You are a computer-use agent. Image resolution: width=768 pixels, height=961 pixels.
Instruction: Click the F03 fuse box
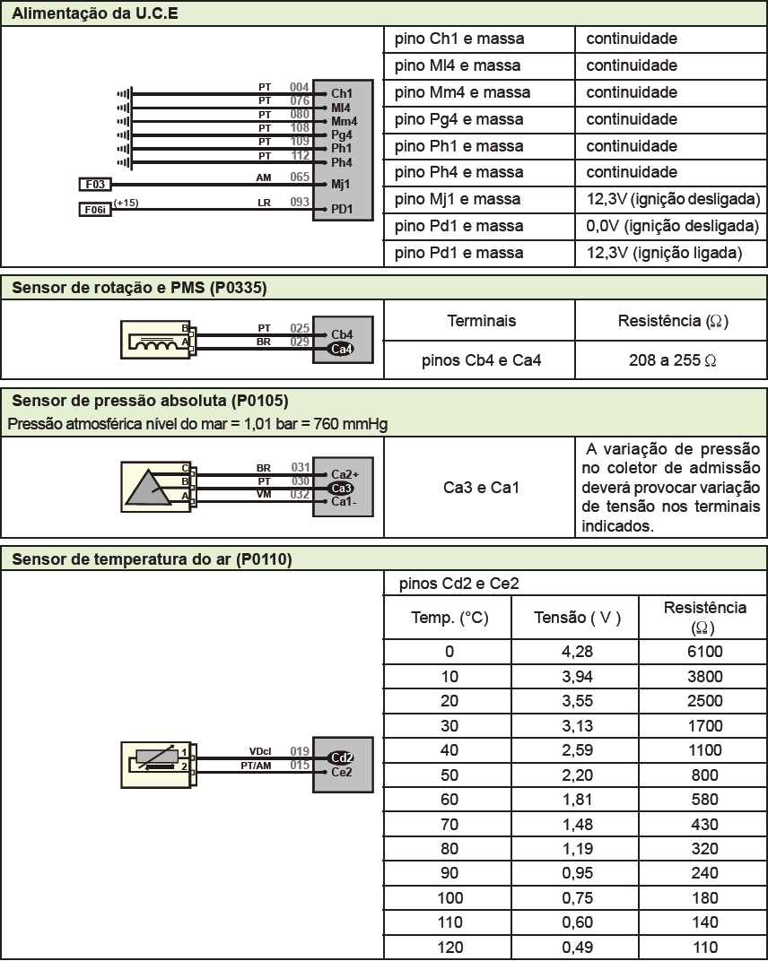[95, 185]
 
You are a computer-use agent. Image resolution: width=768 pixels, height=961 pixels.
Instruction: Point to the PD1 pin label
[342, 211]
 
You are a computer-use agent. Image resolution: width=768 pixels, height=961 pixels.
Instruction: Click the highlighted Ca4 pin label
[342, 348]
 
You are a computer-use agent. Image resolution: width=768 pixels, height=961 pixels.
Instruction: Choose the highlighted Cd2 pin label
[342, 757]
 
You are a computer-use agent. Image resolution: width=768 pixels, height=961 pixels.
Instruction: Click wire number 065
[300, 177]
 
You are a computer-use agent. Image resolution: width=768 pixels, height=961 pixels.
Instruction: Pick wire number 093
[300, 203]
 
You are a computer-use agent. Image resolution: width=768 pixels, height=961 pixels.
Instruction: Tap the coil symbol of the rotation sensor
[153, 342]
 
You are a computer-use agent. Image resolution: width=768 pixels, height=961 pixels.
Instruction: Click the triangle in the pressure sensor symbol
[146, 488]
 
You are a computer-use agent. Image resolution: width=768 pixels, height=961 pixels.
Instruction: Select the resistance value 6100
[704, 652]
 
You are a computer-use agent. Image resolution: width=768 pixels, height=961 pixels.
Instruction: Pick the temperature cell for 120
[449, 948]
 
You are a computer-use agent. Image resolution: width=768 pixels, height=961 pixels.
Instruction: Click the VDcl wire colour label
[260, 751]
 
